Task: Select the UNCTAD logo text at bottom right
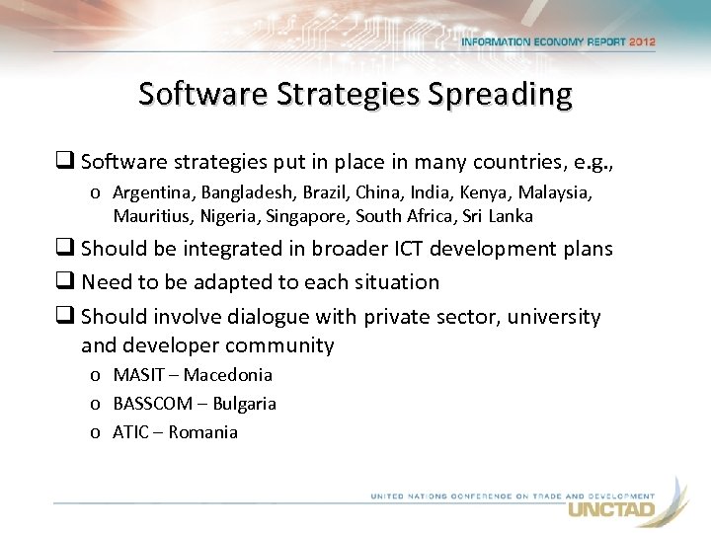coord(611,510)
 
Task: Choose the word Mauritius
coord(150,216)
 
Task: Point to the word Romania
coord(203,432)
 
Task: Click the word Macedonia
coord(228,375)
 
